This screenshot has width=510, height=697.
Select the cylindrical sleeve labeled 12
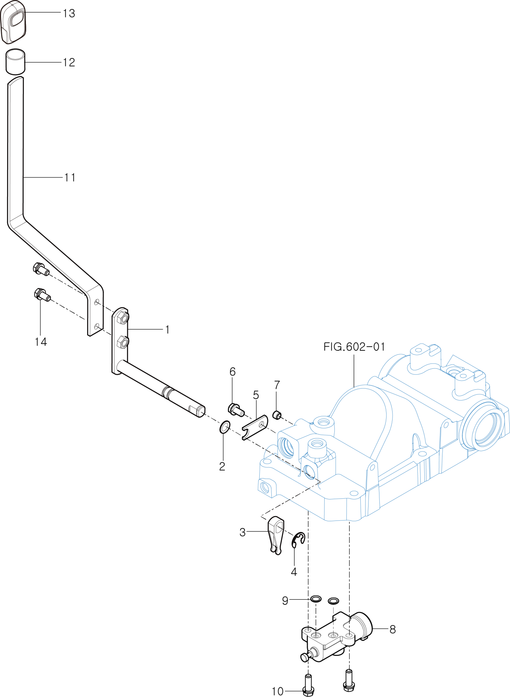[x=15, y=61]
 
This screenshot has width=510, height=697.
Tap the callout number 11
[x=70, y=177]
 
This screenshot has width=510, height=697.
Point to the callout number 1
[x=167, y=329]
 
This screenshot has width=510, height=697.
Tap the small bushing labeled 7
[x=277, y=415]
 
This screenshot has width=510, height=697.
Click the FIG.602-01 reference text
[x=354, y=347]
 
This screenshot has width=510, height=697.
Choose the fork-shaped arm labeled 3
[x=276, y=535]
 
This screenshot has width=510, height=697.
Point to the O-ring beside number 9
[x=316, y=598]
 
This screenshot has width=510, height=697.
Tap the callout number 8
[x=393, y=629]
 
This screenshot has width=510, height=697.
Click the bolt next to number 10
[x=308, y=685]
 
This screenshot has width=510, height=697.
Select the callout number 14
[x=41, y=342]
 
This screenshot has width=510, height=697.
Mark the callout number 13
[x=69, y=13]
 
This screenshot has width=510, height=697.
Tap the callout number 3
[x=242, y=532]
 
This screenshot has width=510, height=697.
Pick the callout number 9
[x=285, y=601]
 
